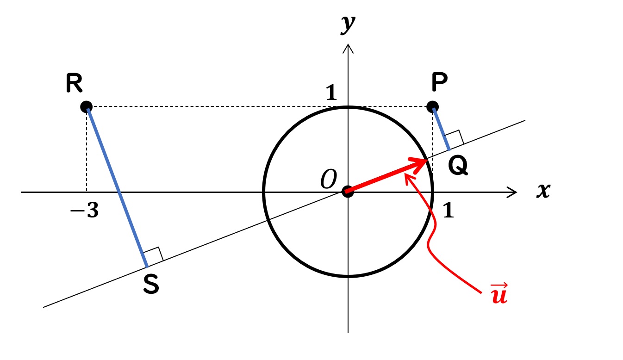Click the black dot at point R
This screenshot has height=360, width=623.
click(x=86, y=107)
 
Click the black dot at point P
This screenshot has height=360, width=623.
click(x=432, y=107)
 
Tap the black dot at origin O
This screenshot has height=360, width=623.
click(x=348, y=192)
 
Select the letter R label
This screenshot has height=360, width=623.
click(x=74, y=83)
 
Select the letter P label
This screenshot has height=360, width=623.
click(x=440, y=82)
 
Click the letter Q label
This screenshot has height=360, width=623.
click(x=458, y=166)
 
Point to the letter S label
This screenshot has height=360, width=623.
click(x=151, y=284)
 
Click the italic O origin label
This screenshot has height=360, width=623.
click(x=329, y=179)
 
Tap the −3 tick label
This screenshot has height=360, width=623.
click(x=84, y=210)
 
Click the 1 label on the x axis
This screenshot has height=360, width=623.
click(x=448, y=210)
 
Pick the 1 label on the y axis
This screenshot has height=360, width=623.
click(x=331, y=92)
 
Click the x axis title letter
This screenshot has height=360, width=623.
click(x=543, y=191)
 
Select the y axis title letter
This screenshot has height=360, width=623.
click(x=348, y=25)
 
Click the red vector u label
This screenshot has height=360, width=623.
click(x=499, y=293)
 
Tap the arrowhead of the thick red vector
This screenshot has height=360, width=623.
click(x=420, y=165)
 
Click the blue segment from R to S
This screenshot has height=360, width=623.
click(x=117, y=187)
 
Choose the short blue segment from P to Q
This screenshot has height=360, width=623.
click(x=441, y=129)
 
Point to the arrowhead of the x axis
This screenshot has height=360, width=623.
click(x=512, y=192)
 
